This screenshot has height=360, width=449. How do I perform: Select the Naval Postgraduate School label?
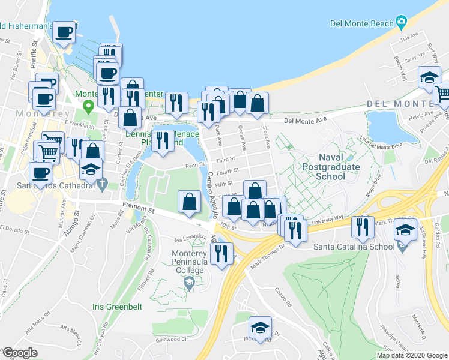tap(331, 167)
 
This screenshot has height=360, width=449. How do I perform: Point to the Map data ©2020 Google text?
tap(412, 355)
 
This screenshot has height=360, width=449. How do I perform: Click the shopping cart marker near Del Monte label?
tap(443, 94)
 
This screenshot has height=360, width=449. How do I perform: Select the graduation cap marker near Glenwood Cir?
tap(260, 328)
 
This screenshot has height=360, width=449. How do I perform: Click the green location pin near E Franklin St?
tap(89, 107)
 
